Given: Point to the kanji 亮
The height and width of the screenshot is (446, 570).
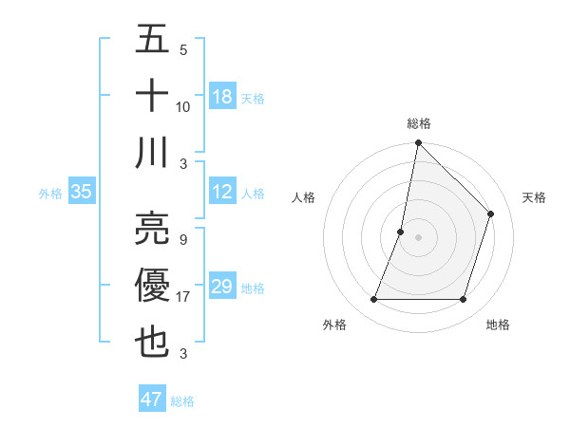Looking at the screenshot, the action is pos(152,227).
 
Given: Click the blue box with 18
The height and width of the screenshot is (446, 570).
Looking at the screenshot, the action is pos(222,96).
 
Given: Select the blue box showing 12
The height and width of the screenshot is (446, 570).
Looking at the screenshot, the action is pos(222,192).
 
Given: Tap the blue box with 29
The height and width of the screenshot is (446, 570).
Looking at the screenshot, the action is pos(222,288).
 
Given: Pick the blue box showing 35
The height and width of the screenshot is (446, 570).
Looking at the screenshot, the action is pos(82,192).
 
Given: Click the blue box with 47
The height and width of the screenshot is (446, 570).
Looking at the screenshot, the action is pos(152,400).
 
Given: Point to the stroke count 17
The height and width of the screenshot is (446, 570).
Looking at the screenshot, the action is pos(184,297).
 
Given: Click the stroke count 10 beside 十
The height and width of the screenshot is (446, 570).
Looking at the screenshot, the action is pos(183,107).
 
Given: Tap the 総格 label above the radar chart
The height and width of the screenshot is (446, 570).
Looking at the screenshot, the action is pos(419,123).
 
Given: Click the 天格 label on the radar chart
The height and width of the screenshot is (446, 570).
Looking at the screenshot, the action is pos(535,197).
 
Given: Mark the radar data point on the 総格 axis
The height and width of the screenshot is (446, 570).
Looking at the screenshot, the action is pos(418,144).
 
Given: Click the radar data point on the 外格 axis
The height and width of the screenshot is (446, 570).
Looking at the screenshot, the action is pos(373,300).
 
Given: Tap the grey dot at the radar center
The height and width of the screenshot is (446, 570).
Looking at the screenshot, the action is pos(418,238).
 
